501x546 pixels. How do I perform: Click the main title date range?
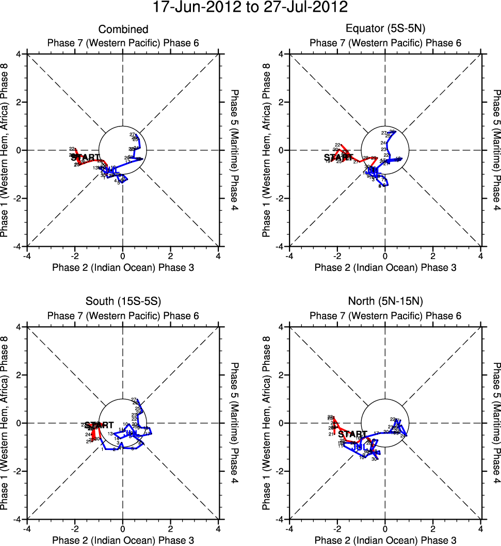[250, 7]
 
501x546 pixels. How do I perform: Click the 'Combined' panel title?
[123, 29]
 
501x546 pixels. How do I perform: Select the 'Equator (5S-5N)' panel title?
[385, 29]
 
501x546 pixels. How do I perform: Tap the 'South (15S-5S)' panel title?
[123, 302]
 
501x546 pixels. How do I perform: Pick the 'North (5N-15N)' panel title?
[385, 302]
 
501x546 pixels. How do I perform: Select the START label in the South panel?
[99, 425]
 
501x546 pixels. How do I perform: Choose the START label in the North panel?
[353, 434]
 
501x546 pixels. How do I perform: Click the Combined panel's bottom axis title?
[123, 267]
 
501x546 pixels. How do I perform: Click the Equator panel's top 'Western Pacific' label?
[385, 42]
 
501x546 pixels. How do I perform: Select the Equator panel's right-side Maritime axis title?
[496, 150]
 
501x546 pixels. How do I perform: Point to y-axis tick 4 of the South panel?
[19, 327]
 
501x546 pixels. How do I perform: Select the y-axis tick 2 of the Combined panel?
[19, 102]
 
